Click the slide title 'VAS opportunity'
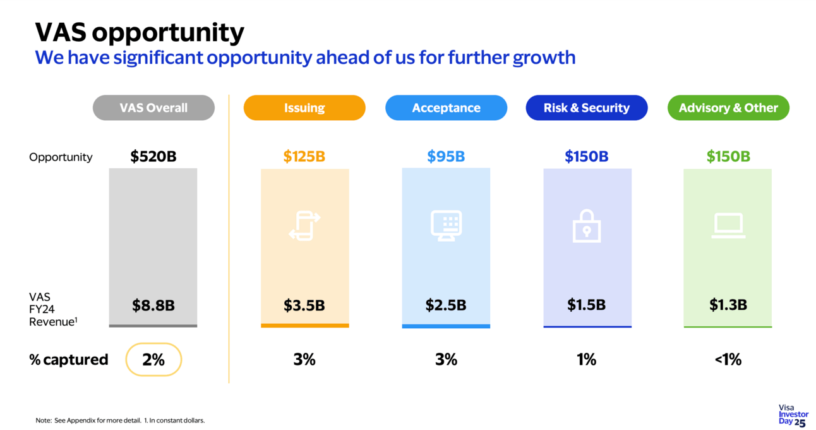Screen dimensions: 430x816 click(139, 32)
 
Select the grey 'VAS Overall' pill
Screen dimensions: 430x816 click(153, 107)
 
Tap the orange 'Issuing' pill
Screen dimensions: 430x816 click(304, 107)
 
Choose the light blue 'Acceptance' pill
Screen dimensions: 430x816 click(446, 107)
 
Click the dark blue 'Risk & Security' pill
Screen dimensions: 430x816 click(587, 107)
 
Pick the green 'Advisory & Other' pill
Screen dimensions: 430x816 click(728, 107)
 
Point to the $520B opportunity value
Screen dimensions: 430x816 click(153, 156)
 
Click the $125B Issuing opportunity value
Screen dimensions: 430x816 click(304, 156)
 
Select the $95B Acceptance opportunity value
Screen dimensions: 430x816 click(446, 156)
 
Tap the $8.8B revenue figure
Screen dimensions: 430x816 click(153, 305)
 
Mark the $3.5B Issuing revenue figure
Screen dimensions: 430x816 click(304, 305)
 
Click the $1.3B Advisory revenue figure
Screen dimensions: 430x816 click(728, 305)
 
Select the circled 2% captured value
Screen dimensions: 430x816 click(153, 360)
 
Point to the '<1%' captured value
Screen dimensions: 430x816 click(728, 360)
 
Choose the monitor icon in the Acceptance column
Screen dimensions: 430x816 click(446, 226)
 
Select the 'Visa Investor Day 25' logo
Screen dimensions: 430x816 click(793, 415)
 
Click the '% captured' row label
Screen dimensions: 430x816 click(69, 360)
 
